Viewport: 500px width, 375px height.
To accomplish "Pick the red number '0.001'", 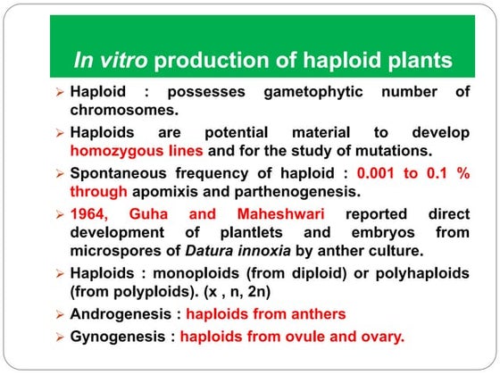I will tap(379, 172).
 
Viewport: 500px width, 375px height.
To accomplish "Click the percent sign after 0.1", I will tap(462, 172).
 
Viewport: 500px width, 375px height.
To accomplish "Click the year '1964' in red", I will tap(91, 214).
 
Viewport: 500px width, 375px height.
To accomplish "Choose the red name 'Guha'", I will tap(159, 214).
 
